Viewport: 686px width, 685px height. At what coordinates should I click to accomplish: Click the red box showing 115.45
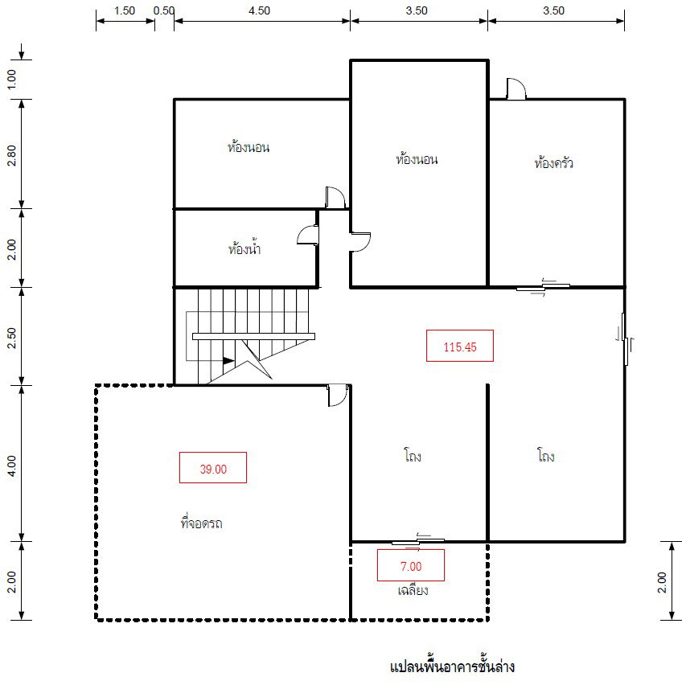tap(460, 346)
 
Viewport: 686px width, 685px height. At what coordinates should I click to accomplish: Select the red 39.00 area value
tap(213, 468)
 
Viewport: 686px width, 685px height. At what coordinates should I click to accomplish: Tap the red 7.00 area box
tap(411, 565)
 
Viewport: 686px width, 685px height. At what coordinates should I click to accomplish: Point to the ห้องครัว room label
tap(553, 162)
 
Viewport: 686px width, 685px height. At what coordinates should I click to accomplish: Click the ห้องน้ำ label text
tap(244, 248)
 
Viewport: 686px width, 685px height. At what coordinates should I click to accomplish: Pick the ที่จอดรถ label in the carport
tap(202, 523)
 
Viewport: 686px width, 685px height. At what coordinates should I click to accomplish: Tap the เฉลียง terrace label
tap(413, 590)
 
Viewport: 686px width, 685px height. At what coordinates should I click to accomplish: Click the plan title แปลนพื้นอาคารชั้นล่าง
tap(452, 667)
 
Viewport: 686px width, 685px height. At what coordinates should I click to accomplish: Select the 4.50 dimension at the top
tap(259, 10)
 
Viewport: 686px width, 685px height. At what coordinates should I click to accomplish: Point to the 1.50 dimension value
tap(124, 10)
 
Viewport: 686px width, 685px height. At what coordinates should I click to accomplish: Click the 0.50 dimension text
tap(164, 10)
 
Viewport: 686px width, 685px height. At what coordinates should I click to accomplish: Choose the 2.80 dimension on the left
tap(11, 156)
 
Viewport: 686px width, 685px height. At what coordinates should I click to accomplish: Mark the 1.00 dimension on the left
tap(11, 79)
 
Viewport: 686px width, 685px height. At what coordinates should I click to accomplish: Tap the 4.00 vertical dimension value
tap(11, 466)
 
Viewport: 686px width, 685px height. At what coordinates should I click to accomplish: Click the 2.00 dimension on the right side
tap(662, 582)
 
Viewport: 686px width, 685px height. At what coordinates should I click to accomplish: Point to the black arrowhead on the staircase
tap(228, 361)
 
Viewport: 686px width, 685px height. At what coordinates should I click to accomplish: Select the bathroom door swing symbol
tap(307, 235)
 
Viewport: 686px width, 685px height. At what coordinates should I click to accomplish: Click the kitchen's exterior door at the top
tap(516, 88)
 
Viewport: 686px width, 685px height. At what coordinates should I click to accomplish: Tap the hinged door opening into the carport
tap(338, 395)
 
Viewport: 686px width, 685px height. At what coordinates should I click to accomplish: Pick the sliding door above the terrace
tap(418, 542)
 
